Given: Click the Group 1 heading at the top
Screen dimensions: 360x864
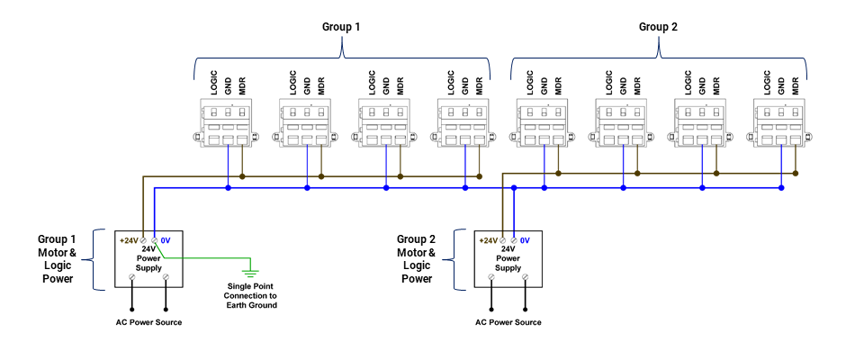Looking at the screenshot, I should tap(341, 27).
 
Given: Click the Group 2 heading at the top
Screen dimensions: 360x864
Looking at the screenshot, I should tap(658, 27).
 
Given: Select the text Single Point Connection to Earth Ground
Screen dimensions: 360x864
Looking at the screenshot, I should tap(251, 295).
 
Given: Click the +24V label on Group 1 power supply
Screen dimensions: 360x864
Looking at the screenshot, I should tap(128, 240).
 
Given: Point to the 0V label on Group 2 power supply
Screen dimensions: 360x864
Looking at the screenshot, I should tap(525, 240).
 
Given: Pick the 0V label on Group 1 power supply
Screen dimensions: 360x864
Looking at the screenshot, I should tap(166, 240).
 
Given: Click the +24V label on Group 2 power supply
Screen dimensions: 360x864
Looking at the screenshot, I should tap(487, 240).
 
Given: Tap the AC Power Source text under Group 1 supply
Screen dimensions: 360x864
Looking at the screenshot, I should tap(148, 322).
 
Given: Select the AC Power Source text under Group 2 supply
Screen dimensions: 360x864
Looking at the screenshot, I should tap(508, 322).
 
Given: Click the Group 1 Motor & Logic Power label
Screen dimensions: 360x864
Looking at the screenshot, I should tap(57, 259).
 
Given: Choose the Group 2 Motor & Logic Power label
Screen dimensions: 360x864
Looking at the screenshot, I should tap(416, 259).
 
